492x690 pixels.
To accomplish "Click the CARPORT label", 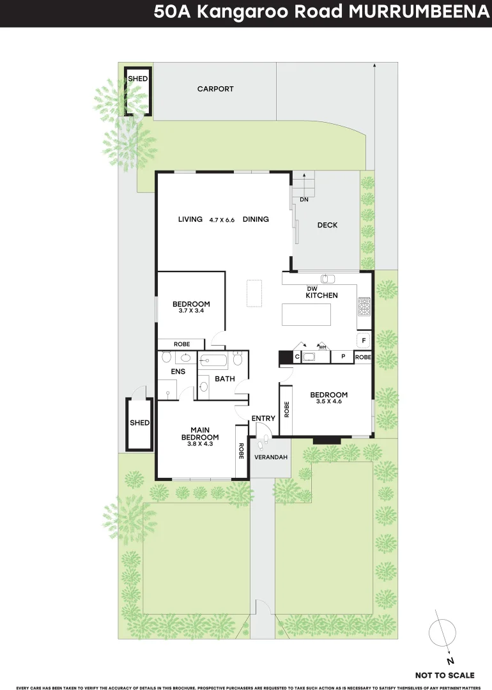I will [215, 89].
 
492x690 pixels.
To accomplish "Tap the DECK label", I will [327, 225].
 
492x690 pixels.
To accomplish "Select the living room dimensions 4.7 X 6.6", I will [222, 220].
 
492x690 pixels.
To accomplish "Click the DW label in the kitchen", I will [312, 288].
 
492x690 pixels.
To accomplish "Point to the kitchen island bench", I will [307, 316].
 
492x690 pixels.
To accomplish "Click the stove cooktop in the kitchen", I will [365, 307].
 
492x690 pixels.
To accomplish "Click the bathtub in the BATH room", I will [213, 361].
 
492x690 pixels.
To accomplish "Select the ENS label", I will [178, 371].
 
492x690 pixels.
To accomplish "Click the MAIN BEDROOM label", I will [200, 433].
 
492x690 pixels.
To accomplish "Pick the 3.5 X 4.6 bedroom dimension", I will [330, 402].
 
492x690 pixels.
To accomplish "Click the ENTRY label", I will [263, 418].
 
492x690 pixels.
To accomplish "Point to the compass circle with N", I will [443, 634].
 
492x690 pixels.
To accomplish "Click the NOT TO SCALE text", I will [445, 675].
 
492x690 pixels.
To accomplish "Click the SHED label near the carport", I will [137, 79].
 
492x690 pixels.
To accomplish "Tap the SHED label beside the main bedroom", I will [139, 423].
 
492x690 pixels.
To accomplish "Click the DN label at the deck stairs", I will [304, 200].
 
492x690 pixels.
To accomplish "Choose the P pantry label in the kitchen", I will [343, 356].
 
